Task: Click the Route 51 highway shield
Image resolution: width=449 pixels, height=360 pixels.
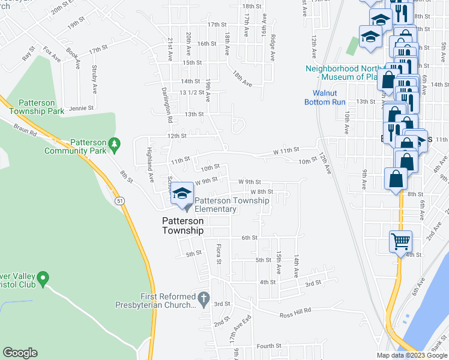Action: click(121, 203)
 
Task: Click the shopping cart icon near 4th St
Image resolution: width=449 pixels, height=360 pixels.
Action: click(400, 241)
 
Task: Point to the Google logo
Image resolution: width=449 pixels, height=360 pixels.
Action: click(20, 353)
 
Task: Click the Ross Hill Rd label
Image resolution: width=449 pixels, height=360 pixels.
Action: click(295, 311)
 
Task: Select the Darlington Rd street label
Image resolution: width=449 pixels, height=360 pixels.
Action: click(169, 109)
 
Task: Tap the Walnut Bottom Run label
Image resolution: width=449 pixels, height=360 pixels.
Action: click(329, 97)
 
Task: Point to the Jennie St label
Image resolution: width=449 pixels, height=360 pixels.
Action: click(82, 109)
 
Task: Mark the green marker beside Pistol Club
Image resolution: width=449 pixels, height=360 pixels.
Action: click(42, 278)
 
